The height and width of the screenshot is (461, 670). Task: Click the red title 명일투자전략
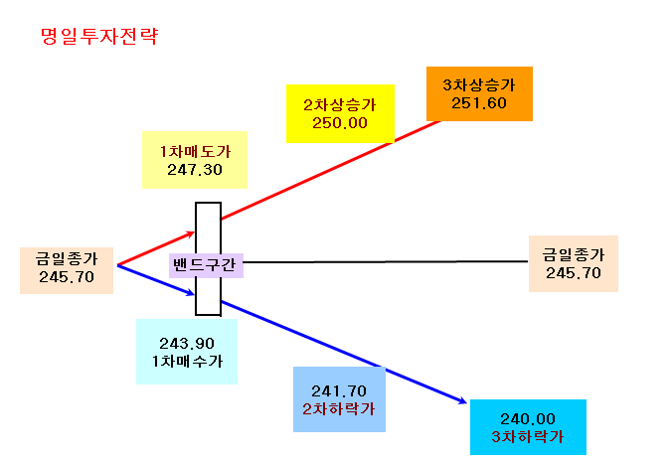coord(99,36)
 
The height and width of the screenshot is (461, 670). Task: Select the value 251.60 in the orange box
coord(479,103)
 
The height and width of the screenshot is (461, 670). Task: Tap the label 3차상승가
coord(479,85)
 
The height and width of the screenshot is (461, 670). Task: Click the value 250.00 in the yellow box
coord(340,123)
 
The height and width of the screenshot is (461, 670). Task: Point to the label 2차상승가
coord(340,105)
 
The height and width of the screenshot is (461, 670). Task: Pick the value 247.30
coord(195,170)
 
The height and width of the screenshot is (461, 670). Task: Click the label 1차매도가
coord(195,152)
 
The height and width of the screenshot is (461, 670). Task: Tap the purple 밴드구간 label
coord(206,265)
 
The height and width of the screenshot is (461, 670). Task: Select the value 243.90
coord(187,344)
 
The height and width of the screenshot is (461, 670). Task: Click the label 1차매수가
coord(187,362)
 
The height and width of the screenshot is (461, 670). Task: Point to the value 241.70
coord(339,390)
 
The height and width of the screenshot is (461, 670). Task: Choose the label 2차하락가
coord(339,409)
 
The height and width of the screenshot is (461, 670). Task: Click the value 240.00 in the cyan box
coord(528,418)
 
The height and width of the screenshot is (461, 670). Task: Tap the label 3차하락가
coord(528,436)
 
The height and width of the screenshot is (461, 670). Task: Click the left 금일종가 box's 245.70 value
coord(67,277)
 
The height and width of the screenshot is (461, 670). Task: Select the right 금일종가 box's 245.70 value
coord(574,273)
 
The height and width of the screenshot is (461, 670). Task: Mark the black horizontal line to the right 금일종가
coord(386,262)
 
